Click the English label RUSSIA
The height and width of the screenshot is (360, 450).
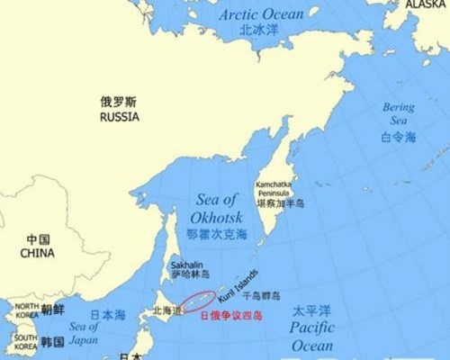(120, 117)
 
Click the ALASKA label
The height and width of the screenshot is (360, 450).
(426, 4)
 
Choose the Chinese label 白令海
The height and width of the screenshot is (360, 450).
(399, 137)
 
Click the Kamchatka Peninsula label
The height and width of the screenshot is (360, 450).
(274, 187)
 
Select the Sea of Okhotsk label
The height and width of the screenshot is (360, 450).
(215, 209)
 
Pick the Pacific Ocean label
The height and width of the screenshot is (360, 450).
(311, 337)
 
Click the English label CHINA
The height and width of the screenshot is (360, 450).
(38, 253)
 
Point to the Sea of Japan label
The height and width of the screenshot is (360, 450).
(83, 332)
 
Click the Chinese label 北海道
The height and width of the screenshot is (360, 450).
(166, 310)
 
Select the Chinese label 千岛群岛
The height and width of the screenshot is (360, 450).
(262, 295)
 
